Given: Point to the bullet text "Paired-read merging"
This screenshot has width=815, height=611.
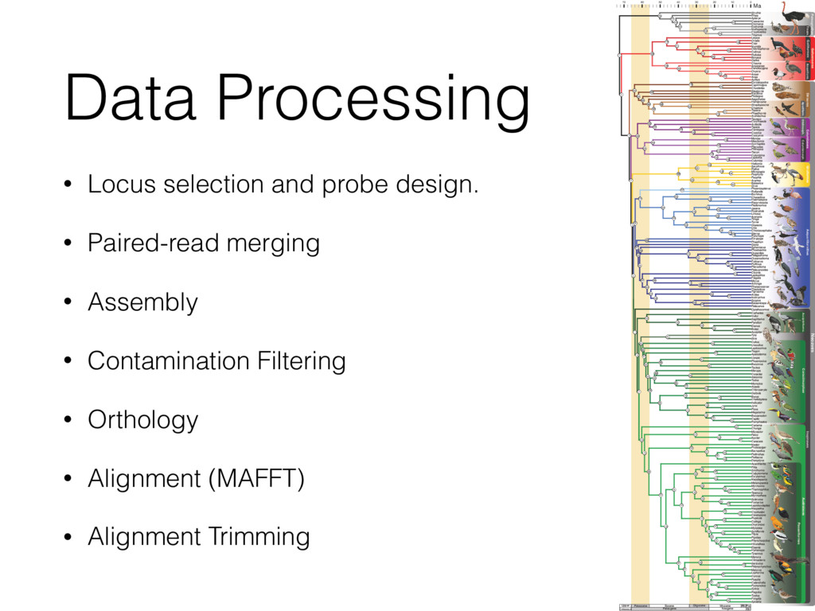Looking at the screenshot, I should click(203, 243).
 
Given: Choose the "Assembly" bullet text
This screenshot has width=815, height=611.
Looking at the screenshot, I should click(142, 303).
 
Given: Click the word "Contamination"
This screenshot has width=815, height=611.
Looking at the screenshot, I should click(169, 361).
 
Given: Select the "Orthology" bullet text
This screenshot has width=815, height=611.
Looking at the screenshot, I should click(142, 420).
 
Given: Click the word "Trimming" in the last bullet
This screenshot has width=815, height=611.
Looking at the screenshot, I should click(259, 537).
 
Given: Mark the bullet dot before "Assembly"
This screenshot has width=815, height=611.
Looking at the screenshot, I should click(70, 302).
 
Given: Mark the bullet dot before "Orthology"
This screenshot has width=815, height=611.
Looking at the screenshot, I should click(70, 419).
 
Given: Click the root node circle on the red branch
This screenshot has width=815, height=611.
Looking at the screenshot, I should click(620, 55).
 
